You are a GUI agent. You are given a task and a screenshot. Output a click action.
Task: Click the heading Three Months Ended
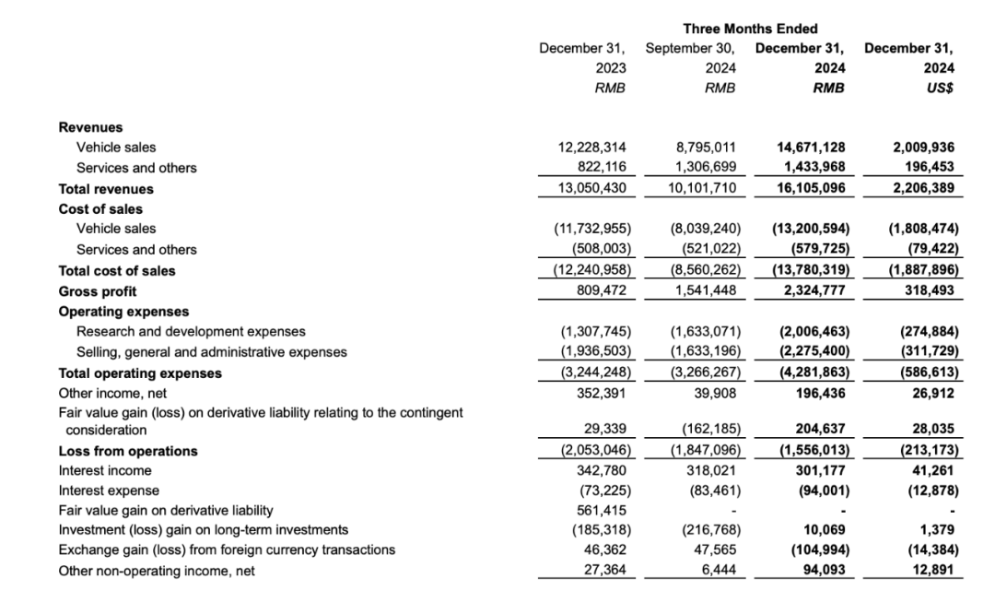pos(750,29)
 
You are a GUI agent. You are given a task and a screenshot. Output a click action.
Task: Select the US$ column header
pos(939,89)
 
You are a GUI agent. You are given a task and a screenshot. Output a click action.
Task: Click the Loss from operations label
pos(128,451)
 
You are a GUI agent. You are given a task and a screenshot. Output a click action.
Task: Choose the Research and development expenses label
pos(191,331)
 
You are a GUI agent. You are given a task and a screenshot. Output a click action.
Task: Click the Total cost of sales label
pos(117,271)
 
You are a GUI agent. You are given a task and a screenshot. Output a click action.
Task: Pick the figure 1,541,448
pos(706,291)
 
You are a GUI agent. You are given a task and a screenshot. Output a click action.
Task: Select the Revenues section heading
pos(90,127)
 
